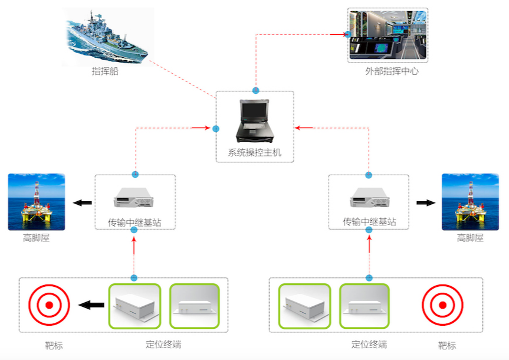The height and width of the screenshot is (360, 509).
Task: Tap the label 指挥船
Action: (x=105, y=71)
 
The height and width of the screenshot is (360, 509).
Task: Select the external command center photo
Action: (x=388, y=35)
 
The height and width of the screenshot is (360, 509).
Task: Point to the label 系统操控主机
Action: (x=255, y=153)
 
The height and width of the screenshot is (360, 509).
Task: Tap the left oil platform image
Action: (x=37, y=201)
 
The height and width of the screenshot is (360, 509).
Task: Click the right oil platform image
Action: (x=470, y=201)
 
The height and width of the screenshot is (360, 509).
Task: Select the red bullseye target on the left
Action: (x=50, y=305)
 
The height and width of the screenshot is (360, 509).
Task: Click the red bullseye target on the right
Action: (x=442, y=305)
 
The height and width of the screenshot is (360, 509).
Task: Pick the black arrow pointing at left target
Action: (x=91, y=305)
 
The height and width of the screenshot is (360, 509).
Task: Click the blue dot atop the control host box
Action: (x=255, y=91)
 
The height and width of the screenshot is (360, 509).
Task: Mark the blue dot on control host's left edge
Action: (x=216, y=128)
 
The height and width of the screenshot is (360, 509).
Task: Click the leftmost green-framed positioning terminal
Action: (x=134, y=306)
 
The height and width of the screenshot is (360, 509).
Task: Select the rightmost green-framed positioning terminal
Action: (x=364, y=306)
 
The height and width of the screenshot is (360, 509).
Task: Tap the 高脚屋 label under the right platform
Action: (x=470, y=238)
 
